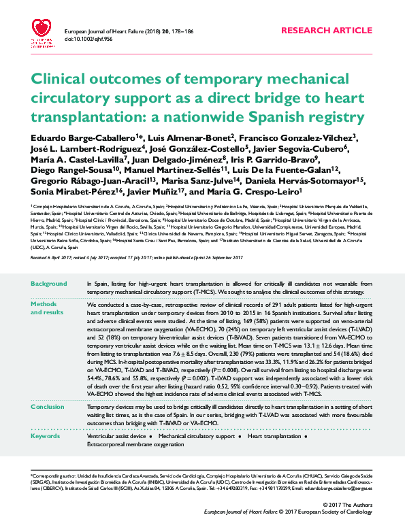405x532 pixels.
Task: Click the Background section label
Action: point(48,282)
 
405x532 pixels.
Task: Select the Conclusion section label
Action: point(48,407)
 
